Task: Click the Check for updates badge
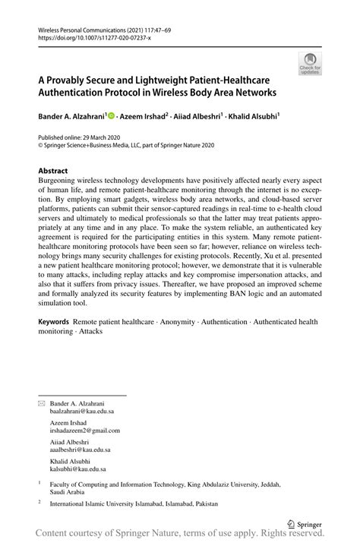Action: point(310,64)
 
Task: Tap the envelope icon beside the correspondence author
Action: point(42,403)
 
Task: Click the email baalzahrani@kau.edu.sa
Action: point(82,411)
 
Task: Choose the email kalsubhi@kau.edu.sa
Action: point(78,469)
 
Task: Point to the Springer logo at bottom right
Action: point(304,522)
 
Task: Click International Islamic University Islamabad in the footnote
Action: point(110,503)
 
